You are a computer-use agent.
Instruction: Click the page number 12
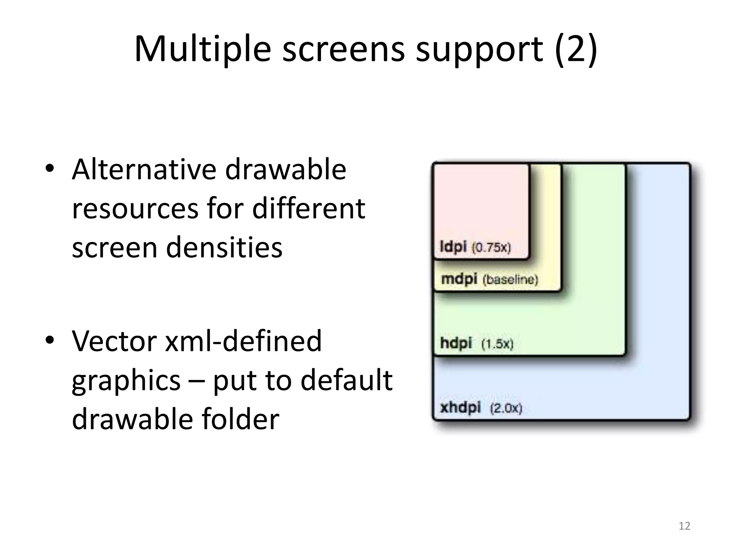click(x=684, y=526)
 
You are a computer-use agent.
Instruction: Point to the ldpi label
click(x=453, y=247)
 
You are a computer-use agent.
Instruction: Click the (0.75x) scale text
click(x=491, y=247)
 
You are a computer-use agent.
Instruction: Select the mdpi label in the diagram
click(x=459, y=279)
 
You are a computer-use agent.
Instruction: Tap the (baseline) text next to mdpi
click(x=510, y=280)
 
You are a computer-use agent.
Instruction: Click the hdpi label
click(x=456, y=343)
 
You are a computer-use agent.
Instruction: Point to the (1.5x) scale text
click(x=497, y=344)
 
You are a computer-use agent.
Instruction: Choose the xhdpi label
click(x=460, y=407)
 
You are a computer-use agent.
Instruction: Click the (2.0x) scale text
click(x=506, y=408)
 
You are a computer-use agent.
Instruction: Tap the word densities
click(x=224, y=247)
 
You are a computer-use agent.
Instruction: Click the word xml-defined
click(x=243, y=341)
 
